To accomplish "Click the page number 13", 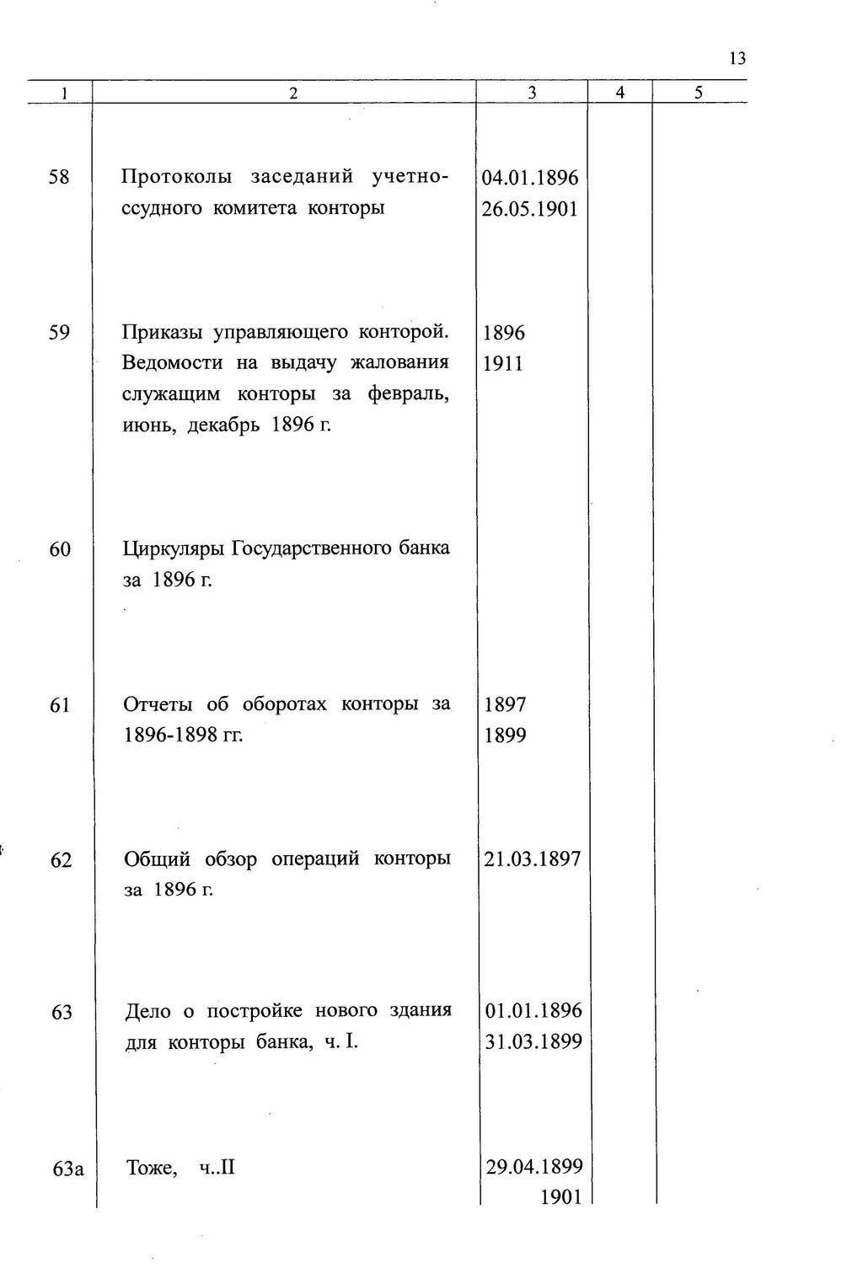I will tap(737, 59).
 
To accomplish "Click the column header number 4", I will tap(619, 94).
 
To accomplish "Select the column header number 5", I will tap(699, 94).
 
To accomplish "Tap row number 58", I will tap(59, 178).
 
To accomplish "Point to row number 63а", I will tap(68, 1169).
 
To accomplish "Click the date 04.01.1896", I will tap(530, 178).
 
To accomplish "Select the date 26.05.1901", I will tap(530, 209).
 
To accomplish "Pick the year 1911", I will tap(503, 364).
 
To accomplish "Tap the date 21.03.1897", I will tap(533, 859).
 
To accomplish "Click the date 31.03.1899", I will tap(533, 1042).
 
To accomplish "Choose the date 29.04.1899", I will tap(534, 1167).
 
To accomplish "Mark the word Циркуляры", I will tap(174, 549).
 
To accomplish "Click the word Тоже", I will tap(151, 1169).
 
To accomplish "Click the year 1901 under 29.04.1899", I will tap(560, 1196).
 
